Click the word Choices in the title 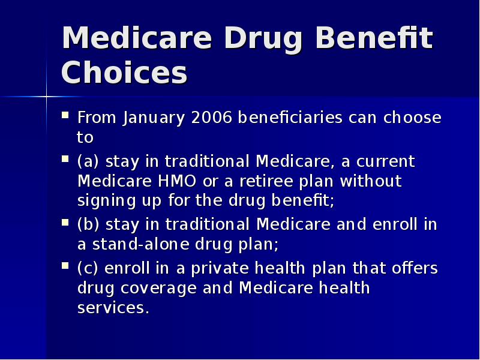[124, 73]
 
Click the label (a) [89, 162]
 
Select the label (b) [89, 224]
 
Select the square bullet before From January [65, 114]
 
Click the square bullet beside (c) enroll [65, 265]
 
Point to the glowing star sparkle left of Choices [46, 96]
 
